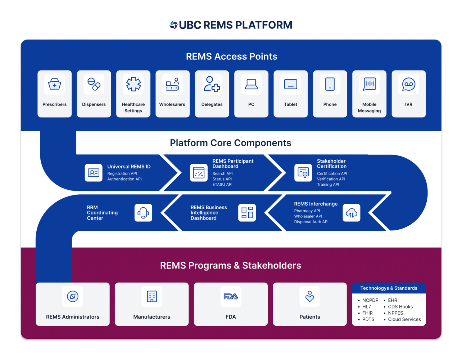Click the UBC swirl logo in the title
173,25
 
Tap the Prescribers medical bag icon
55,84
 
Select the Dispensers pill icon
94,84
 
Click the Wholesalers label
172,104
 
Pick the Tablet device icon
291,84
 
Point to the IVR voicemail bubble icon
409,84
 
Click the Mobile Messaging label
369,108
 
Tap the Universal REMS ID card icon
94,173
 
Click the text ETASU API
222,185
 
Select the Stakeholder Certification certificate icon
303,173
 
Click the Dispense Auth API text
311,222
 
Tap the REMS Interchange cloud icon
352,213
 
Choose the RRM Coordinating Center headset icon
143,213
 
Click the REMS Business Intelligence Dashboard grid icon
247,213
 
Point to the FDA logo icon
231,297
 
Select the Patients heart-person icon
310,297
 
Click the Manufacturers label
152,317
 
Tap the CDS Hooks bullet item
400,307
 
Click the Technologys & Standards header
389,288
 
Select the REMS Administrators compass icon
73,297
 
